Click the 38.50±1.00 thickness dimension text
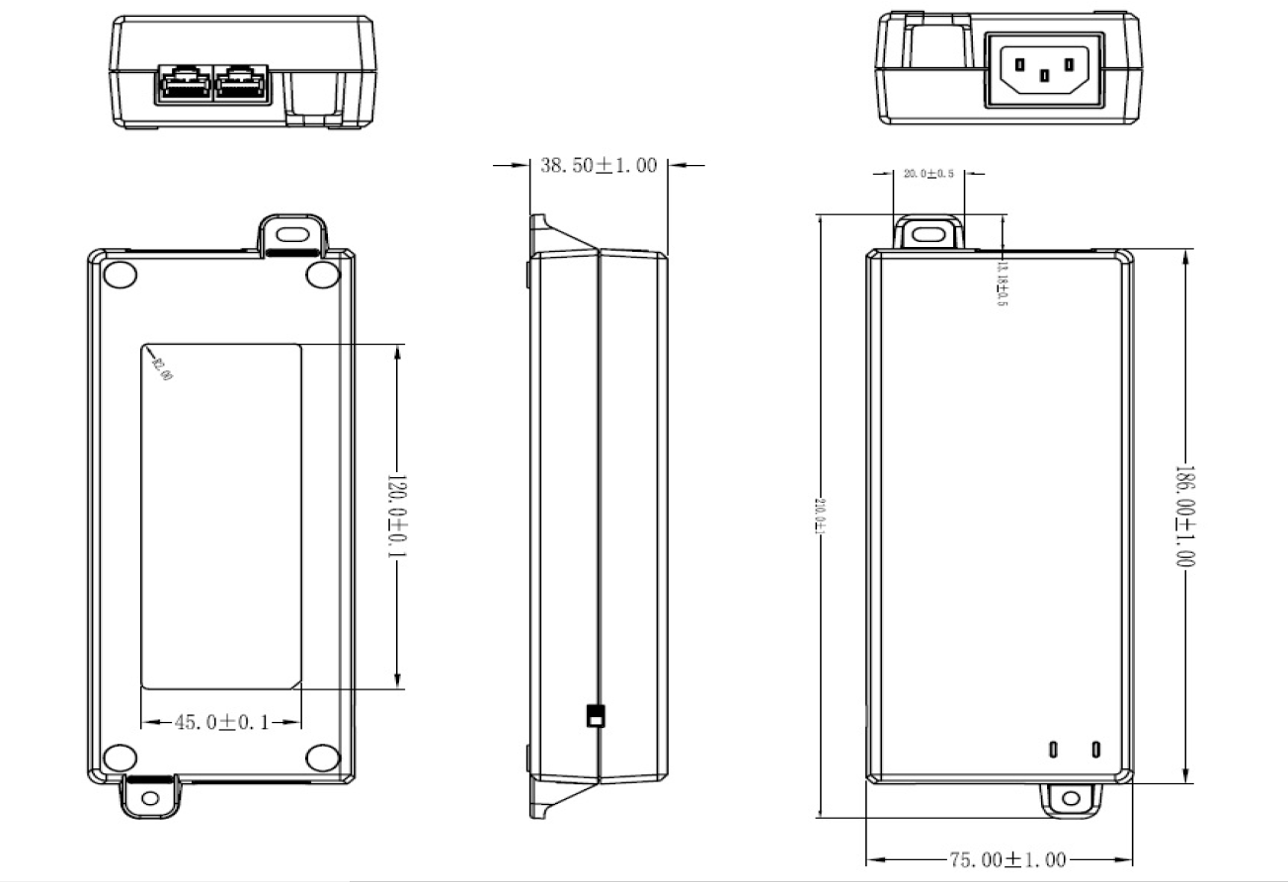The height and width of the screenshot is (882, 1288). [x=598, y=166]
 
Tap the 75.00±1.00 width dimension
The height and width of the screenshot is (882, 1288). [x=1007, y=860]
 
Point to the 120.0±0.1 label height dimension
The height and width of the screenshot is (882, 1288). [x=396, y=516]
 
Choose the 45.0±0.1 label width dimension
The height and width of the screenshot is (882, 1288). [x=222, y=723]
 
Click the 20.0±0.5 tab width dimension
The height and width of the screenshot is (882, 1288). [x=928, y=174]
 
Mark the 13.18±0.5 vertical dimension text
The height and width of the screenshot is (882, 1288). [x=1002, y=281]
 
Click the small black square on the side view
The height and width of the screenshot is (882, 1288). [x=594, y=716]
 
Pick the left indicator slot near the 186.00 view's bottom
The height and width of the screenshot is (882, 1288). [x=1054, y=750]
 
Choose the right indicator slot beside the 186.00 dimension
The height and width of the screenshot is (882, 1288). [x=1095, y=750]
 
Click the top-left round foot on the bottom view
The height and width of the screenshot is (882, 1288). [x=119, y=275]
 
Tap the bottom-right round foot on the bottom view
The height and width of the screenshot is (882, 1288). [x=322, y=758]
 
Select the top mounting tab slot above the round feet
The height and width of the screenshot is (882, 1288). [x=291, y=235]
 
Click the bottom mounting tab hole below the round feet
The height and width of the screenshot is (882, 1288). [x=150, y=797]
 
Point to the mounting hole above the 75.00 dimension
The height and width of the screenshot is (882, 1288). [x=1071, y=798]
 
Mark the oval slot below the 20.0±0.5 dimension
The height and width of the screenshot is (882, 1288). [x=926, y=235]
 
